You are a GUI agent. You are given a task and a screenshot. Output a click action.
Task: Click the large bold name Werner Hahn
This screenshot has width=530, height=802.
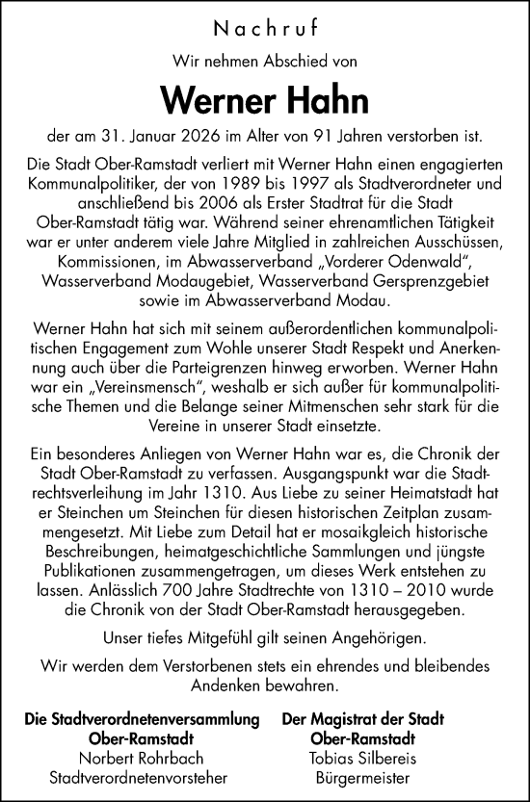(264, 99)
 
